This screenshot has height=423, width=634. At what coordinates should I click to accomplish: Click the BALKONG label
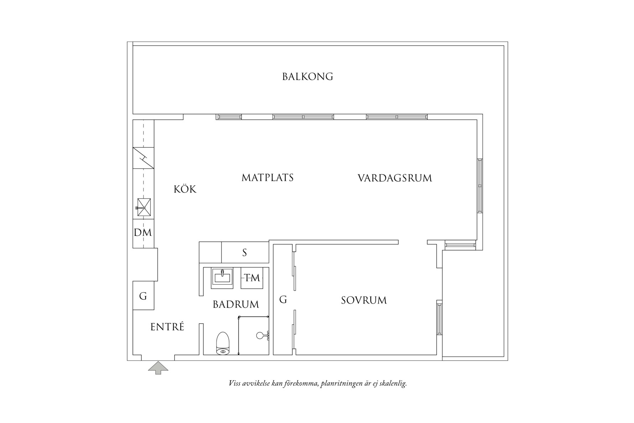tap(307, 77)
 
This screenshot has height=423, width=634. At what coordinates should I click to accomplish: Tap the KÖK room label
tap(185, 189)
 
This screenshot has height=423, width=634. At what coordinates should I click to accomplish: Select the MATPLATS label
tap(267, 177)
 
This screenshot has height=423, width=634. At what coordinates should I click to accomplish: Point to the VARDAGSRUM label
tap(395, 178)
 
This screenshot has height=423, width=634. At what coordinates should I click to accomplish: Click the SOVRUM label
tap(364, 300)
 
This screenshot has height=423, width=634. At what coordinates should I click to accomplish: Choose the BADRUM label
tap(236, 304)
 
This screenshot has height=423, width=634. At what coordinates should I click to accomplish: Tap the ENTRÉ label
tap(167, 327)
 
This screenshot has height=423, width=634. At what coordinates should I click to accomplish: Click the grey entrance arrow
tap(158, 368)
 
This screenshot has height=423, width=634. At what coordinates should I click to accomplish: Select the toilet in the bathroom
tap(223, 343)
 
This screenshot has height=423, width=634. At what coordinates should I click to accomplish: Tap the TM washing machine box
tap(252, 278)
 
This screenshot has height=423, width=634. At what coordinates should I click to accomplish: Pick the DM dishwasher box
tap(143, 233)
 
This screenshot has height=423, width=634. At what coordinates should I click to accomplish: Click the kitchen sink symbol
tap(144, 207)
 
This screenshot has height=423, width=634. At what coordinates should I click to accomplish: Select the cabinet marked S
tap(245, 253)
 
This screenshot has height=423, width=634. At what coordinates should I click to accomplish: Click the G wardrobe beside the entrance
tap(143, 296)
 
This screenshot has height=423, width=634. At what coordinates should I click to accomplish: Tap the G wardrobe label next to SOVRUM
tap(283, 300)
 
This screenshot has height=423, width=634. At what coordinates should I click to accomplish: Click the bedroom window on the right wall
tap(440, 318)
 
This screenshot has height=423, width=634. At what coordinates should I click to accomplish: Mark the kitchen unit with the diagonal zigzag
tap(143, 158)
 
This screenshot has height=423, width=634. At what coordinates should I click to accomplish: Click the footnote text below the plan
tap(317, 384)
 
